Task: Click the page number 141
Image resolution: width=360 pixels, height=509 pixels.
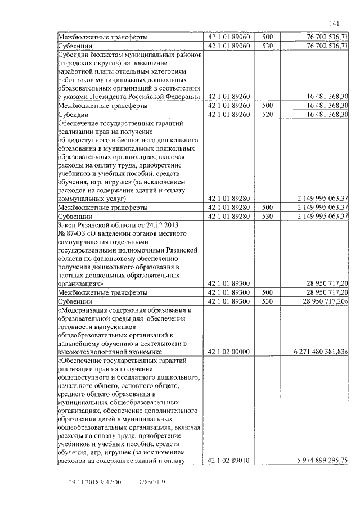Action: (x=334, y=23)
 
